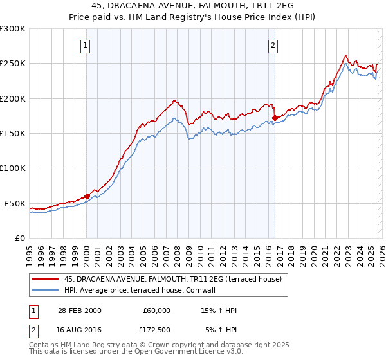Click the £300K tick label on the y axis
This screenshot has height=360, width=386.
coord(13,29)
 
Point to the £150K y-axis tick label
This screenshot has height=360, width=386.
coord(13,134)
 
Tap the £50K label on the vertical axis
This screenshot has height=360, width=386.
coord(15,203)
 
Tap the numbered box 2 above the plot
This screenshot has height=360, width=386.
coord(273,45)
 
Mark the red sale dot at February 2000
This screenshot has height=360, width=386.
coord(87,196)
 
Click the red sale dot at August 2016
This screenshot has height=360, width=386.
coord(275,118)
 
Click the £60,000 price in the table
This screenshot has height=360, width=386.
coord(156,310)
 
